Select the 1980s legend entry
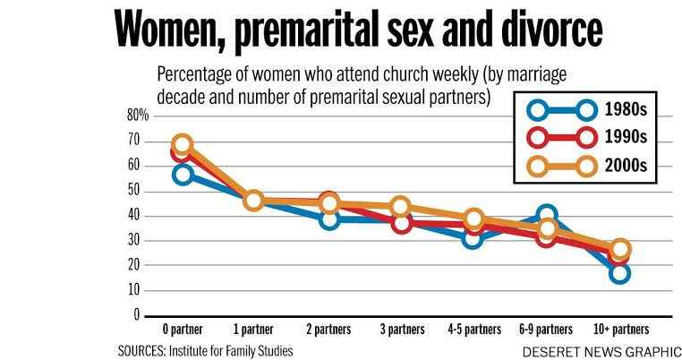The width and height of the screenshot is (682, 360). pos(591,110)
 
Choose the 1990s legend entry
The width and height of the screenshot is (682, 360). pos(591,138)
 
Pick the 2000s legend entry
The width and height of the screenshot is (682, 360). pos(591,166)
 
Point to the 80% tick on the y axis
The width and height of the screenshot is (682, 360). pos(137,116)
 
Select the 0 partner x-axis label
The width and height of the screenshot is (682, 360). pos(183,329)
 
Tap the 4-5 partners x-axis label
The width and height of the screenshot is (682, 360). pos(473,329)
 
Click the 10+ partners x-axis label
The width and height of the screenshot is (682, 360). pos(620,329)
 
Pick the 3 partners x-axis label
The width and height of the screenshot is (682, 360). pos(400,329)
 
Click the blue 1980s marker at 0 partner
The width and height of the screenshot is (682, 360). pos(183,174)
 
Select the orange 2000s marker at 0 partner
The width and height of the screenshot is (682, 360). pos(183,144)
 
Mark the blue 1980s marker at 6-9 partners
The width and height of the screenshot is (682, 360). pos(547,216)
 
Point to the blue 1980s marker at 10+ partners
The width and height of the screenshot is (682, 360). pos(620,272)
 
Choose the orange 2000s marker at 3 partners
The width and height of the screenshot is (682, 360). pos(400,207)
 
